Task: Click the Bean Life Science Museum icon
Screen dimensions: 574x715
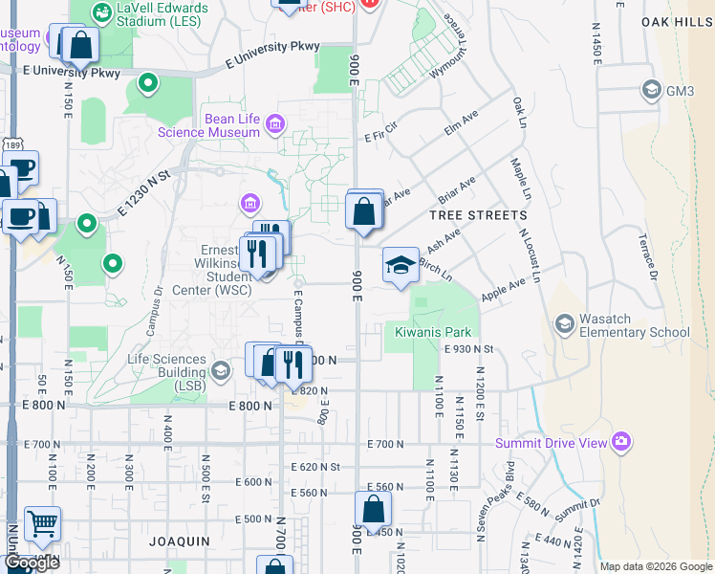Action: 275,123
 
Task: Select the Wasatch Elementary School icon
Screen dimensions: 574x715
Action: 564,324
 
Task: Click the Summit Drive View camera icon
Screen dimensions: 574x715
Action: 621,441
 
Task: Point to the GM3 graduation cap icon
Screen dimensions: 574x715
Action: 652,91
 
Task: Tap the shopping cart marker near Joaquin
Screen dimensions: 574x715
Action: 42,524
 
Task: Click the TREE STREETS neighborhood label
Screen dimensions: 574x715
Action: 478,215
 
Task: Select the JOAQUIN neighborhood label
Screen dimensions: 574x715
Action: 179,541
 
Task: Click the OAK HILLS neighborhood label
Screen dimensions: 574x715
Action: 677,21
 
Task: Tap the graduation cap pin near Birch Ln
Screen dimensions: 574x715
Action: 401,265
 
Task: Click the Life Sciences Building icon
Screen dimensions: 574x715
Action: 221,369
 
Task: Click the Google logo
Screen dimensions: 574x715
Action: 32,563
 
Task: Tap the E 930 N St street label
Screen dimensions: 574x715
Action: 467,350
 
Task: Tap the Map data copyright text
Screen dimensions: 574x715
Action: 656,566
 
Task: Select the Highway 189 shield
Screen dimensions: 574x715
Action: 11,145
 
